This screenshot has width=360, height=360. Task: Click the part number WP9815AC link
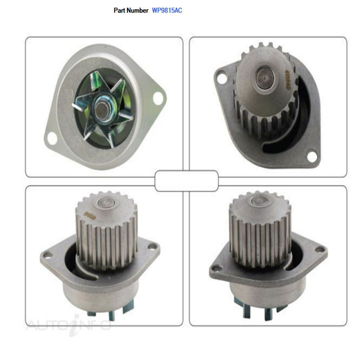[167, 10]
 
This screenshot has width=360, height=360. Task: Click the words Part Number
[131, 10]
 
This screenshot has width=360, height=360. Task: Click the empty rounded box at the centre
[186, 181]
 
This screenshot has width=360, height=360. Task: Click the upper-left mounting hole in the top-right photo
[221, 78]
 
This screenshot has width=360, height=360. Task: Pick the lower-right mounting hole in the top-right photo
[312, 157]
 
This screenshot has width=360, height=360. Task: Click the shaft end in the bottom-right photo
[258, 201]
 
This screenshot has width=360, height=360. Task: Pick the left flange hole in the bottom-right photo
[217, 268]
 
